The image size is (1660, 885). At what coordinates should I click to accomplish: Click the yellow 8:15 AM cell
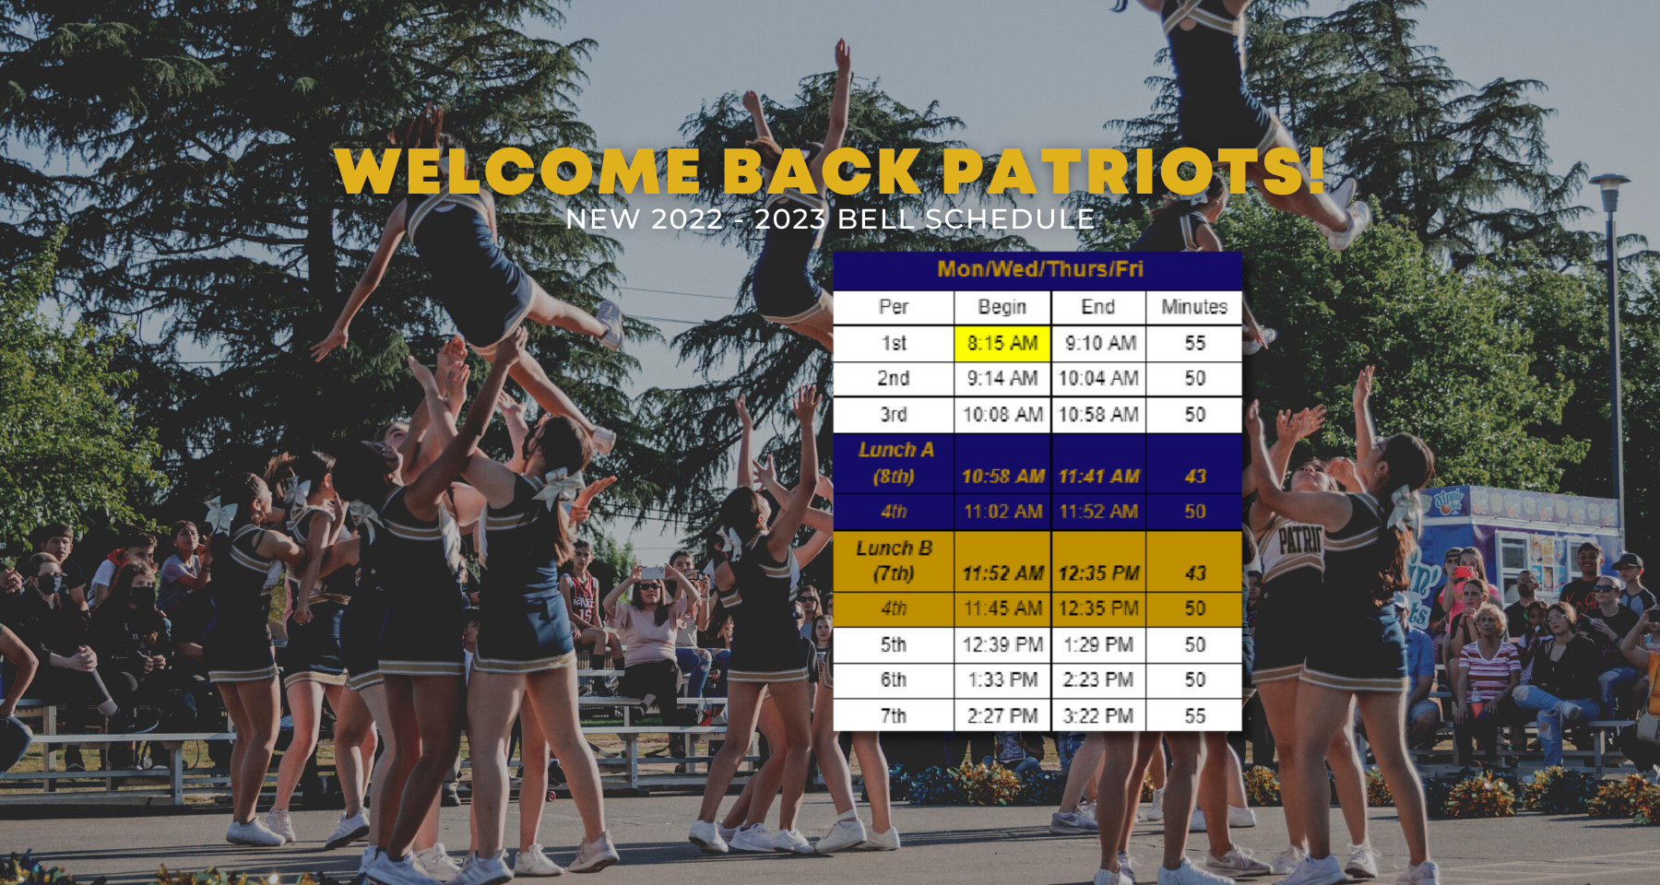(x=1002, y=343)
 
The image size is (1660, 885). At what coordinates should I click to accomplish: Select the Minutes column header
(x=1194, y=307)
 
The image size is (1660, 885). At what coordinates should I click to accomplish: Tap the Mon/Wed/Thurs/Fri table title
(x=1039, y=269)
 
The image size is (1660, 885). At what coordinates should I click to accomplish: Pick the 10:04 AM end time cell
(x=1098, y=378)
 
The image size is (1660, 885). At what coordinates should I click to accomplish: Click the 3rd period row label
(x=893, y=415)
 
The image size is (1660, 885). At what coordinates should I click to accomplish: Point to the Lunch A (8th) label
(x=895, y=463)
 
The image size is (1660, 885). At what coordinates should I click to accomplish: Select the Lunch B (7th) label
(x=894, y=560)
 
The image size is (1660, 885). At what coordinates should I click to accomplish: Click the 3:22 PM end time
(x=1098, y=715)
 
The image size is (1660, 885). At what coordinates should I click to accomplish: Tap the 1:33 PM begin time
(x=1002, y=679)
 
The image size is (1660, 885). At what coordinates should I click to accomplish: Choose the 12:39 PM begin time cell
(x=1002, y=644)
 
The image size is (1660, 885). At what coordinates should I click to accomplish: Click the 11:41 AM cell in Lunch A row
(x=1098, y=477)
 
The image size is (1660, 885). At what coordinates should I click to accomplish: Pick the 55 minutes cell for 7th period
(x=1194, y=715)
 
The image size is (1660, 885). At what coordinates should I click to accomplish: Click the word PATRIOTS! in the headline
(x=1133, y=171)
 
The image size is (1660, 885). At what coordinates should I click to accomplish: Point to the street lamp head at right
(x=1609, y=183)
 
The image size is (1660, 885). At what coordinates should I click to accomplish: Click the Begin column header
(x=1002, y=307)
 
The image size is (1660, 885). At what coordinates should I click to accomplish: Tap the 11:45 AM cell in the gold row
(x=1002, y=608)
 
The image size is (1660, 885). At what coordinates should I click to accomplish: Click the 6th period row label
(x=893, y=679)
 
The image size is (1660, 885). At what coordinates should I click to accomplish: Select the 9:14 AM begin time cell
(x=1002, y=378)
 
